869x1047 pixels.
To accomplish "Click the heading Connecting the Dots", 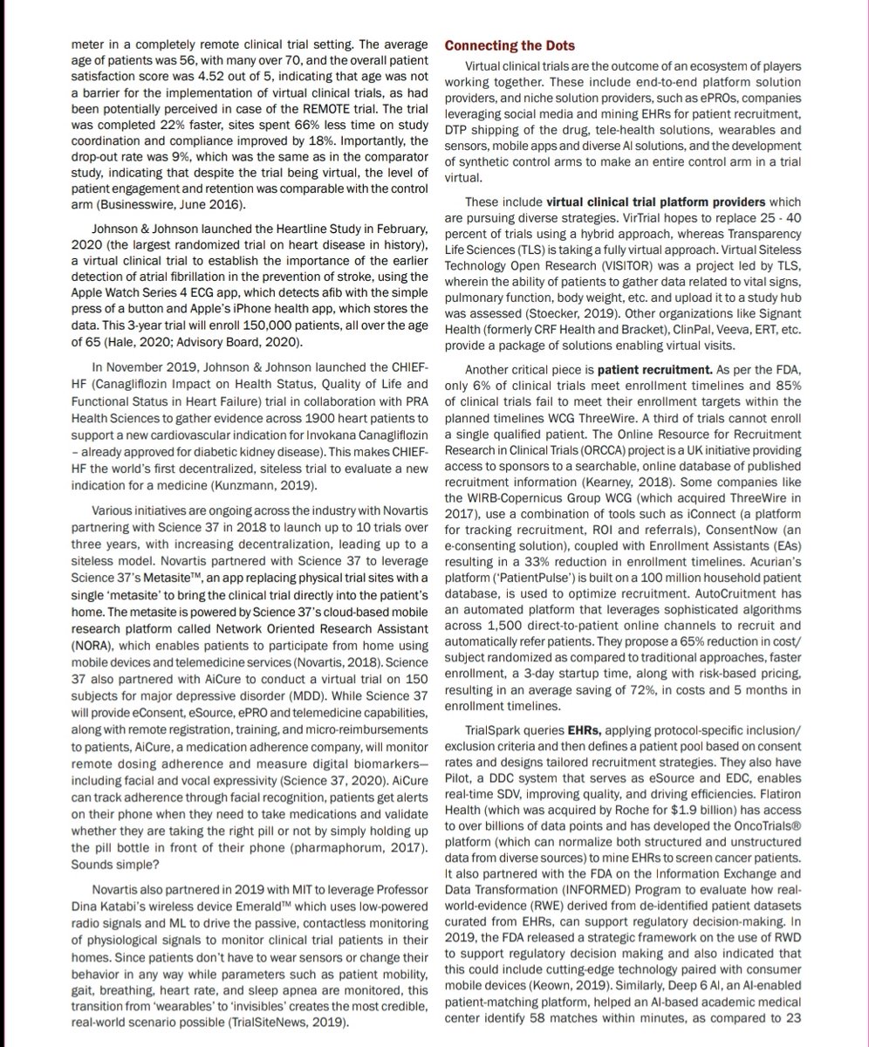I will [510, 45].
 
